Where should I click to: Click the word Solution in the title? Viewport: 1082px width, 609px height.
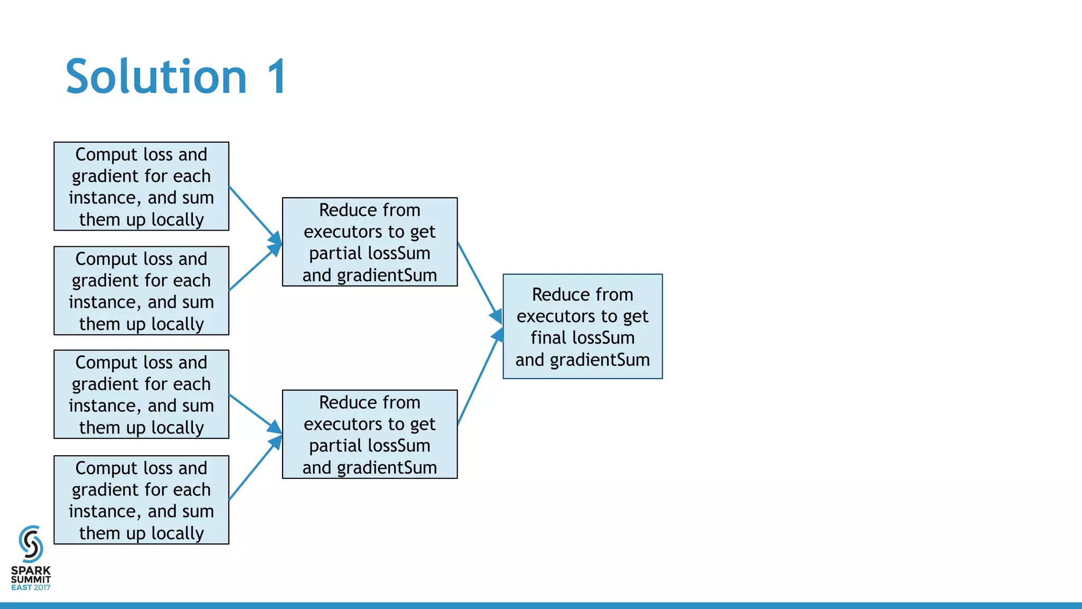156,77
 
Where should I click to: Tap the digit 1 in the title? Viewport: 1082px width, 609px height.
276,77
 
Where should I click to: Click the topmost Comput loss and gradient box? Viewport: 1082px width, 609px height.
141,186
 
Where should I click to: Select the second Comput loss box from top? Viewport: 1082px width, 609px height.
141,291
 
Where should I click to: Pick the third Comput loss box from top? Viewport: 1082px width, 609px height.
141,394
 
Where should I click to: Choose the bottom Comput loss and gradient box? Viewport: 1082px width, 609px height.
141,500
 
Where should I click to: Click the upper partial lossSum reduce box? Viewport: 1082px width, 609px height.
370,242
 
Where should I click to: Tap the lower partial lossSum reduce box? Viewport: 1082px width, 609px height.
370,435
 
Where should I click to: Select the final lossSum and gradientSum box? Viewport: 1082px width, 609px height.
582,326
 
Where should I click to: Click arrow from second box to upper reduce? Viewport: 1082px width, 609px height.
254,269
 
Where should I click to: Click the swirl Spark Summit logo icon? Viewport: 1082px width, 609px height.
31,544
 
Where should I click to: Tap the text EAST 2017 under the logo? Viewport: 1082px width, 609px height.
31,587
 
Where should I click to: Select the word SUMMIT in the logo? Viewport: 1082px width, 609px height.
31,579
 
